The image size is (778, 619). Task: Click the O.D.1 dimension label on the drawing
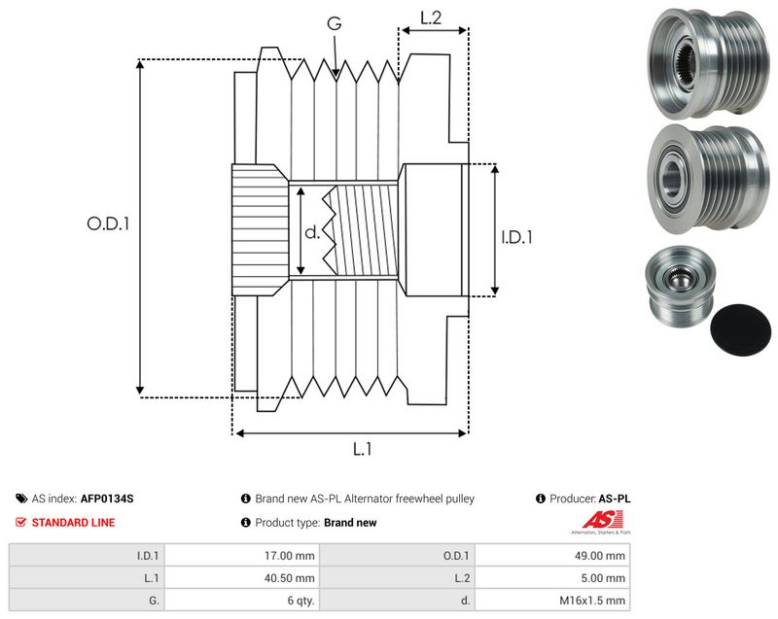108,224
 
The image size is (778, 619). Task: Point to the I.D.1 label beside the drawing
516,237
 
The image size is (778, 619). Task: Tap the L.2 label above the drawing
431,17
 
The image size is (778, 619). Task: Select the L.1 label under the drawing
362,449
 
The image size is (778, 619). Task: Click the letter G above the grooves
335,22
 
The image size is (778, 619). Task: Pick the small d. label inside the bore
312,232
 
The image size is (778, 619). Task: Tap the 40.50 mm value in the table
289,578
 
